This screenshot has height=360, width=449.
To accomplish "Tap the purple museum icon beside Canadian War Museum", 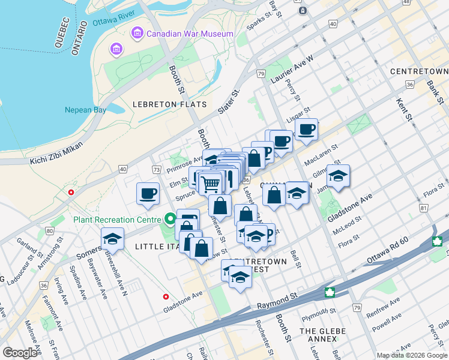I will click(137, 33).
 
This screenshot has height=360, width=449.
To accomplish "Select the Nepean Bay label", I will click(86, 110).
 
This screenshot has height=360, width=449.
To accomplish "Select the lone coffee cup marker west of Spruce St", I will click(148, 193).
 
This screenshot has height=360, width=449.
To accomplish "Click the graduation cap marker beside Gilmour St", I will click(338, 176).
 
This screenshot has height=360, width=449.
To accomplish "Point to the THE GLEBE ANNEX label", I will click(318, 335).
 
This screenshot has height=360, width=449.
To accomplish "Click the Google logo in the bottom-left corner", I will click(20, 353).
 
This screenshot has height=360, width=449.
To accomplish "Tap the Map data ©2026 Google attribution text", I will click(412, 355).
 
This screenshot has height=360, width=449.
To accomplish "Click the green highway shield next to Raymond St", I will click(330, 292).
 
